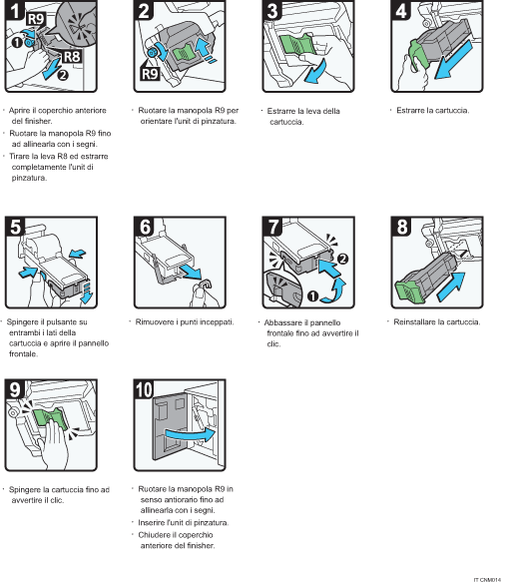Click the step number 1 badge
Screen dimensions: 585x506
point(14,13)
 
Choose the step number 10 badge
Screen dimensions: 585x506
point(144,386)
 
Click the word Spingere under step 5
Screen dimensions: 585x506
point(28,322)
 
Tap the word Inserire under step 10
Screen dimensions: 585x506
point(154,522)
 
